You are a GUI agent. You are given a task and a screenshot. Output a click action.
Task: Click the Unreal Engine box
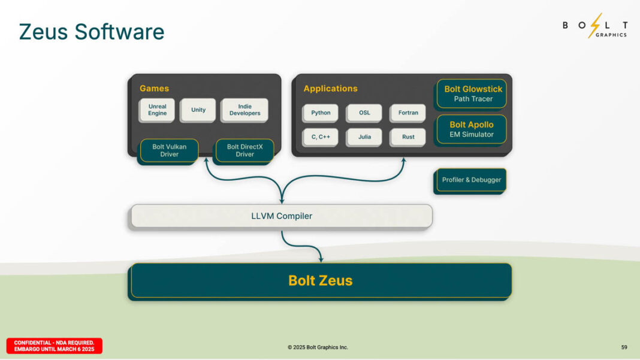157,110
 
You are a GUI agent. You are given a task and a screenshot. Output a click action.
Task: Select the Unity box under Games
198,110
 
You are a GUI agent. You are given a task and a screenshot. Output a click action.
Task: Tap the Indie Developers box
244,110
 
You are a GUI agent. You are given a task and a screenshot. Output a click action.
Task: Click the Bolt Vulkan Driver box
169,150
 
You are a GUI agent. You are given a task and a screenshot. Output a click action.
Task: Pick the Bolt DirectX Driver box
244,150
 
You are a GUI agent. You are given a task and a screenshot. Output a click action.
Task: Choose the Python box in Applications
321,113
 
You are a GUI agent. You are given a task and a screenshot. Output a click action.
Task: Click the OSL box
364,113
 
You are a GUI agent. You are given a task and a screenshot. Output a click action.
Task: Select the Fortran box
408,113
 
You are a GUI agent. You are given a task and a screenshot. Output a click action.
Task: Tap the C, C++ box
321,137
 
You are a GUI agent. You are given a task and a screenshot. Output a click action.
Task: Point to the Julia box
364,137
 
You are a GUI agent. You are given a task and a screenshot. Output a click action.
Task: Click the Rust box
408,137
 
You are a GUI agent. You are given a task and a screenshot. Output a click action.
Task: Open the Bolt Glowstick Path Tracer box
472,93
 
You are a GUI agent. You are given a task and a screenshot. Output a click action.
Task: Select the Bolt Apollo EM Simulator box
472,129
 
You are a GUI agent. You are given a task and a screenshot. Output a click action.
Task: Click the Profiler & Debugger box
471,180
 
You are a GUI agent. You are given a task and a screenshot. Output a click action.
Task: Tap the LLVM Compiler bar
282,216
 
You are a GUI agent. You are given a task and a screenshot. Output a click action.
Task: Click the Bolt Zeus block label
321,280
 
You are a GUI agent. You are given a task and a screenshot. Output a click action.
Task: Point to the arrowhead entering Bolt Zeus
321,259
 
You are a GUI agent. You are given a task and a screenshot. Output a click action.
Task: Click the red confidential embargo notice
55,346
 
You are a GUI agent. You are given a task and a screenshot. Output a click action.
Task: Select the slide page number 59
624,347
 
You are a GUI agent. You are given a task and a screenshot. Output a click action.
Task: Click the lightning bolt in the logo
594,25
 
